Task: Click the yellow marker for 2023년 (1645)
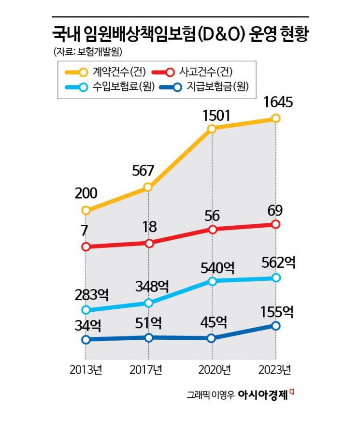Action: [x=275, y=118]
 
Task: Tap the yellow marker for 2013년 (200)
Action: [x=86, y=210]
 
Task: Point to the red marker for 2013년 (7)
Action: [x=86, y=247]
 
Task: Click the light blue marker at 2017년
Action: [x=149, y=303]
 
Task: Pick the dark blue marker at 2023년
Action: [x=275, y=326]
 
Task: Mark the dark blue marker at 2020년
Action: [x=211, y=338]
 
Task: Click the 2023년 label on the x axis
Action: [x=274, y=371]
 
